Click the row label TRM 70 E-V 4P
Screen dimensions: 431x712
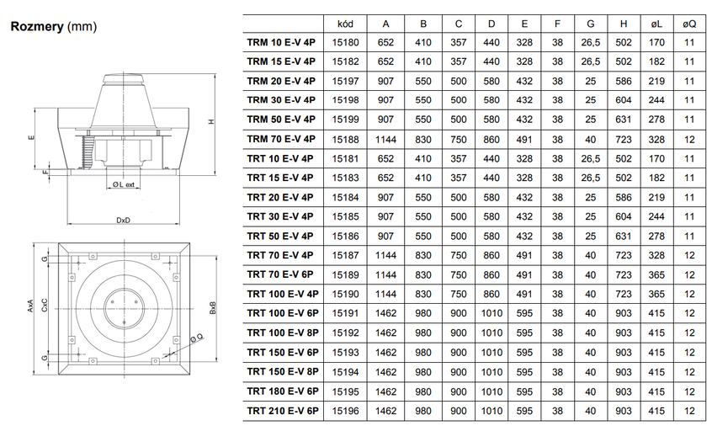tap(281, 139)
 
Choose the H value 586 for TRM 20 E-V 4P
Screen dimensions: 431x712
tap(623, 81)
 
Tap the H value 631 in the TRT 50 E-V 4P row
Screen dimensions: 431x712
tap(623, 236)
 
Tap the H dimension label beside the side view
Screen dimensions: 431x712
tap(213, 120)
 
